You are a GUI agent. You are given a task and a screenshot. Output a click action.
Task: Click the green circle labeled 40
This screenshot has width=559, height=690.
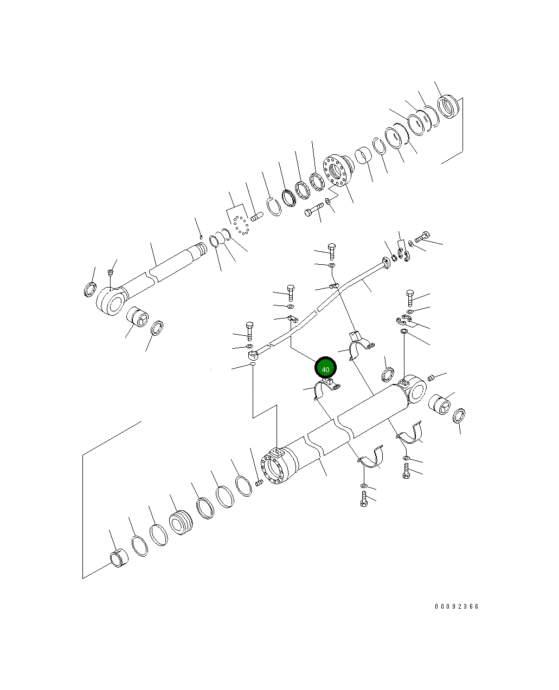pyautogui.click(x=325, y=368)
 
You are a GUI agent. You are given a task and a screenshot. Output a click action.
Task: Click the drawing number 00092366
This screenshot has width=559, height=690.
pyautogui.click(x=457, y=607)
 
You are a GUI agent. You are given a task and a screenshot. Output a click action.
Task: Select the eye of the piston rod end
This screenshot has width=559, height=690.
pyautogui.click(x=110, y=301)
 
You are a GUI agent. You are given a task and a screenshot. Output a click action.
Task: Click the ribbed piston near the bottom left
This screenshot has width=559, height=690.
pyautogui.click(x=181, y=523)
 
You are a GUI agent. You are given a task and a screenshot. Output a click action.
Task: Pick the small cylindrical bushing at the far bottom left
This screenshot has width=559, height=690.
pyautogui.click(x=119, y=558)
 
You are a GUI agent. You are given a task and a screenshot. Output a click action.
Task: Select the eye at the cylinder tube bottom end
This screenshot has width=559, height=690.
pyautogui.click(x=415, y=389)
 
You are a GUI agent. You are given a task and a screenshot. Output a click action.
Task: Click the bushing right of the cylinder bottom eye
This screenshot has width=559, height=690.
pyautogui.click(x=439, y=405)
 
